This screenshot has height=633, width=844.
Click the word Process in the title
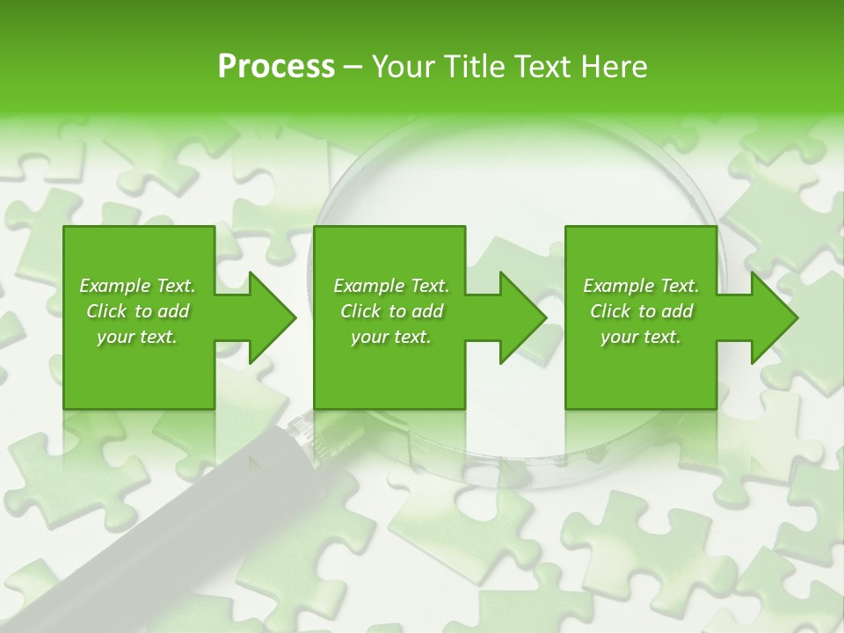(276, 67)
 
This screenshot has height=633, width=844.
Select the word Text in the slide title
(543, 67)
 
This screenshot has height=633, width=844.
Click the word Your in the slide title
(404, 67)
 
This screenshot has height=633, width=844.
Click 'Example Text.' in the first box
(137, 286)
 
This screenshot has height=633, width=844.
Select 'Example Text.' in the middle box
(391, 286)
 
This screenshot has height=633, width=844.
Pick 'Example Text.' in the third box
(641, 286)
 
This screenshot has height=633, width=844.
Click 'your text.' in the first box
(137, 337)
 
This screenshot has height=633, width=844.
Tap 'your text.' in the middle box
(391, 337)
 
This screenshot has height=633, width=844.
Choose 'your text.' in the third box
(641, 337)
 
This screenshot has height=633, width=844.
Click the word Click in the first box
(106, 311)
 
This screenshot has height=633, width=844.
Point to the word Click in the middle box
(360, 311)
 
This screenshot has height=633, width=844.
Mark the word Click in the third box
(610, 311)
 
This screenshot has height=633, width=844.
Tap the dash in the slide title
(353, 68)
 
